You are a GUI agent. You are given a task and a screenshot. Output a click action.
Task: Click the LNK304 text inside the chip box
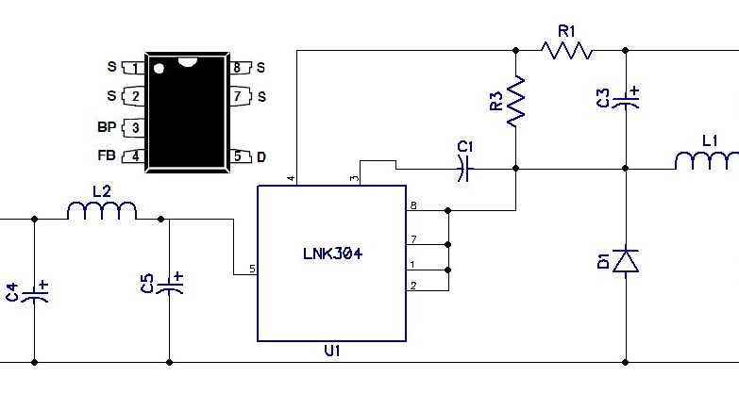333,254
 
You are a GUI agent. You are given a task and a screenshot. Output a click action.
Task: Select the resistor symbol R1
566,50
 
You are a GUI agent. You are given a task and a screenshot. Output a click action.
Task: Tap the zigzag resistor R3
515,100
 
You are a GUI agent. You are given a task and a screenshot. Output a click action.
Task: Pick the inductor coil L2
102,210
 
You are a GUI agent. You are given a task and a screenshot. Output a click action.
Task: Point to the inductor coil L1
707,160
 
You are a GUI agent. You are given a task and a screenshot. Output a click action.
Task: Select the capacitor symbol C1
464,169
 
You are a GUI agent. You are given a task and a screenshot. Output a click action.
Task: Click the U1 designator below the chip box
332,351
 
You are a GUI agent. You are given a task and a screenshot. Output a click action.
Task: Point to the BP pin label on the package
107,127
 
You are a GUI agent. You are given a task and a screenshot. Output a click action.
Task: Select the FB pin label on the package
107,156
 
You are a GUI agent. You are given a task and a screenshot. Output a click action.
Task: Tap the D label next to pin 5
261,157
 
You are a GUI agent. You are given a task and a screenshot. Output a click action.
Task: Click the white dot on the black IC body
159,69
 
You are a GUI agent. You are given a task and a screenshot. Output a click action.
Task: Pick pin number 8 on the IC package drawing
237,68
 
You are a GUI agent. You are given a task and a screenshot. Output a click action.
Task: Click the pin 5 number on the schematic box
252,269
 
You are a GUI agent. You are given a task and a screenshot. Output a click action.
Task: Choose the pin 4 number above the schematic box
292,178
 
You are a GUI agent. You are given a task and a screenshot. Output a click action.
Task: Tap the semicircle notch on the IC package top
188,61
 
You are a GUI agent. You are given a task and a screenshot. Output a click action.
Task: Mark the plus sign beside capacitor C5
177,276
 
